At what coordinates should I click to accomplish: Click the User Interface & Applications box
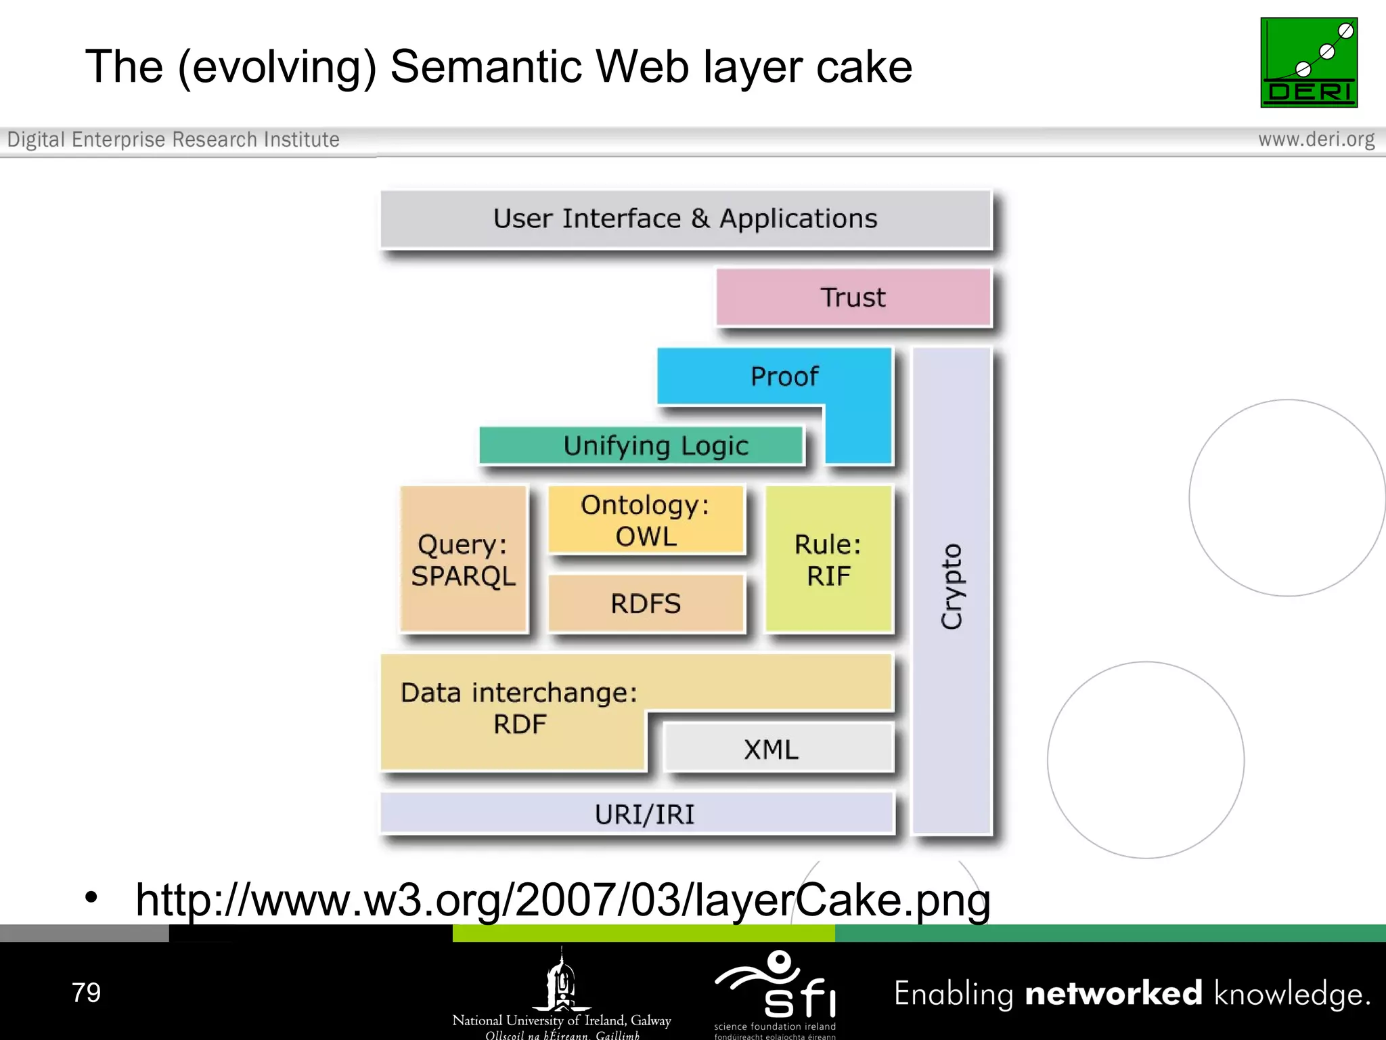click(x=685, y=219)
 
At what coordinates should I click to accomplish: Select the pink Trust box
click(x=853, y=297)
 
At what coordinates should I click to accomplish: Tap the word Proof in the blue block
click(x=784, y=376)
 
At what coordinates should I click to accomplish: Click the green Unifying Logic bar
click(x=655, y=446)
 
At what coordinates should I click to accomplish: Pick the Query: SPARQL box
click(x=464, y=560)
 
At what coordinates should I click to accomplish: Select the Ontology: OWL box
click(x=646, y=520)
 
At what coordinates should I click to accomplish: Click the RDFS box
click(x=646, y=603)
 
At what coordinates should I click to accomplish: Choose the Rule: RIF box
click(x=828, y=560)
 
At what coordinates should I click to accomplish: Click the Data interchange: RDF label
click(x=519, y=708)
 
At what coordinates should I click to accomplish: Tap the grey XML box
click(x=772, y=750)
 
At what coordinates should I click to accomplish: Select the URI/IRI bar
click(x=644, y=814)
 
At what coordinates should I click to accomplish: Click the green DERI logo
click(x=1308, y=62)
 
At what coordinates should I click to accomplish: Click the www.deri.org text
click(x=1316, y=139)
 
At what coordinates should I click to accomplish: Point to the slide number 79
click(x=86, y=993)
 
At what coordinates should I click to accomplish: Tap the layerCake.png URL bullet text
click(x=562, y=900)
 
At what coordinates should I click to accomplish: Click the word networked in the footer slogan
click(x=1113, y=993)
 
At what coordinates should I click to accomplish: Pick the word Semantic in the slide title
click(x=486, y=67)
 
